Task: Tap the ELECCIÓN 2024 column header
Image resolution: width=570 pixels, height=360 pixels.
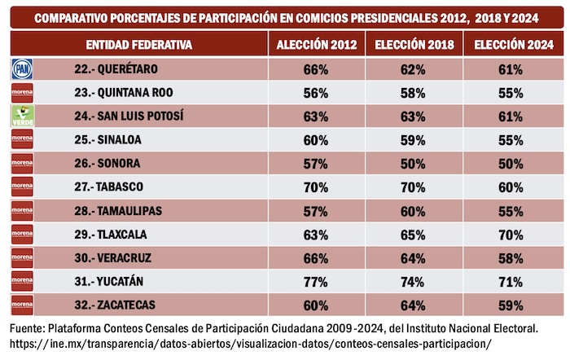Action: click(x=511, y=45)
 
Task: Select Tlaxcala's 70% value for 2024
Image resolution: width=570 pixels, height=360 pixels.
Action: click(x=511, y=235)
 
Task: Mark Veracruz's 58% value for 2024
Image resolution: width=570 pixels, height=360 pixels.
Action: click(x=511, y=258)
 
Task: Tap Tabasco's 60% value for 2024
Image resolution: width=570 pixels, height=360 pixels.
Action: click(x=511, y=187)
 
